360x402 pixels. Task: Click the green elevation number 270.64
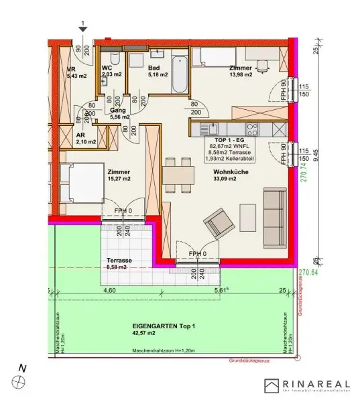308,273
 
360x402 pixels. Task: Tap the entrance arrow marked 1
82,27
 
